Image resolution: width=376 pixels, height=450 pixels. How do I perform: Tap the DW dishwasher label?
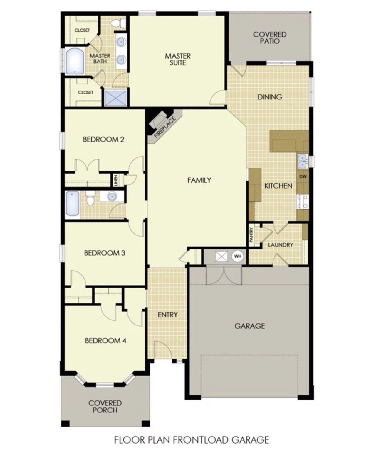pos(303,177)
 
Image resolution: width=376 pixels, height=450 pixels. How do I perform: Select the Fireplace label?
pos(165,127)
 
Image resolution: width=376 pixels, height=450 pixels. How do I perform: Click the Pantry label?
pos(251,235)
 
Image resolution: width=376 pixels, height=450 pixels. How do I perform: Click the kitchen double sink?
pos(303,162)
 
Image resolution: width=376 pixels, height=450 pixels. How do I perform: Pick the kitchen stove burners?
pos(303,202)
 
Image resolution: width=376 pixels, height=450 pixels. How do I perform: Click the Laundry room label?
pos(281,245)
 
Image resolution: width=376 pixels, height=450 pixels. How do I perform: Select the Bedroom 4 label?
pos(105,341)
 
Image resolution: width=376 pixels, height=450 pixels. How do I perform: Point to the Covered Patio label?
pos(270,38)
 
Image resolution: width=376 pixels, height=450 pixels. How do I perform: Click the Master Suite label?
pos(178,59)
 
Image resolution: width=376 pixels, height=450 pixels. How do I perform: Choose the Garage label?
pos(250,326)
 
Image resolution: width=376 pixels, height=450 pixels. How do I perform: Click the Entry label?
pos(168,315)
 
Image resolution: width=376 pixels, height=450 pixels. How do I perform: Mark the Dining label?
pos(270,97)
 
